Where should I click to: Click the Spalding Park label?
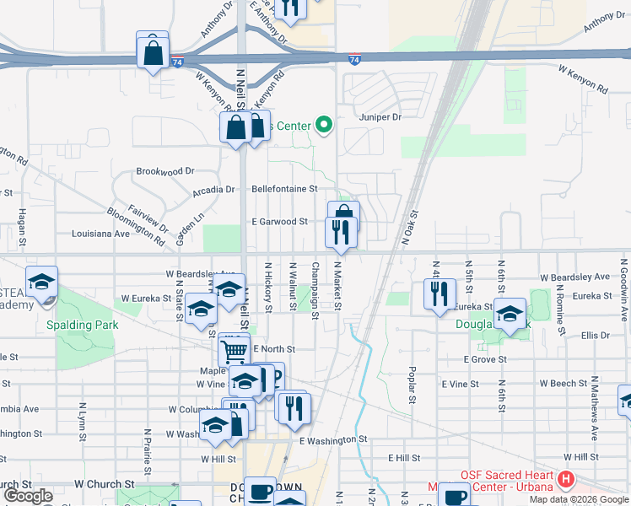[84, 325]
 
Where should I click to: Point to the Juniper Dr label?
[380, 117]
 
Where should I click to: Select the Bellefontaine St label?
[283, 189]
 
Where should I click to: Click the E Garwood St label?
[278, 222]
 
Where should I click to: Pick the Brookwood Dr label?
[164, 171]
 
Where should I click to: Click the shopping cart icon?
[234, 347]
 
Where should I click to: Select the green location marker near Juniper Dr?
[324, 126]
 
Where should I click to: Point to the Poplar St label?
[412, 385]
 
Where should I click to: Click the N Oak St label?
[411, 228]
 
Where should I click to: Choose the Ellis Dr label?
[595, 336]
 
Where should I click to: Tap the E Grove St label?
[484, 359]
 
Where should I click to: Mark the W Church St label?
[105, 485]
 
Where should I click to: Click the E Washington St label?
[333, 439]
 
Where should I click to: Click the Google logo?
[29, 495]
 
